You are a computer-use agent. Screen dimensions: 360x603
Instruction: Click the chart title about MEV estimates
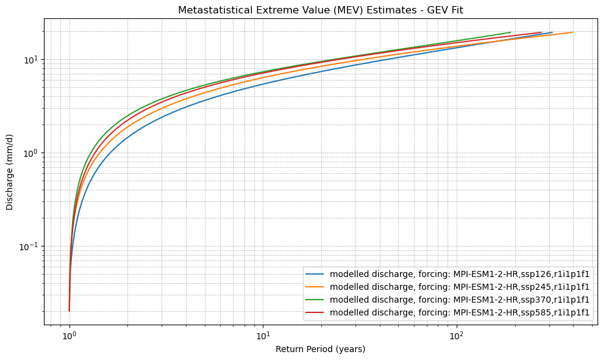320,10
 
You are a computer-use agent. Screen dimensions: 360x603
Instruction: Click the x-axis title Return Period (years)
320,349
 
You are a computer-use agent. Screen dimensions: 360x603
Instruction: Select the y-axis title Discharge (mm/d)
10,171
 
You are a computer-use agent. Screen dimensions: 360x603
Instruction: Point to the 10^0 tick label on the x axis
70,335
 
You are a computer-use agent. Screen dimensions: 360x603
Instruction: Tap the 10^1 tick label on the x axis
263,335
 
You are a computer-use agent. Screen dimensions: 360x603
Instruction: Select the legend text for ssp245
460,287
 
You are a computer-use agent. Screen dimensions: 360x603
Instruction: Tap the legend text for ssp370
460,300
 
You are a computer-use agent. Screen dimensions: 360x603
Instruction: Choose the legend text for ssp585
460,312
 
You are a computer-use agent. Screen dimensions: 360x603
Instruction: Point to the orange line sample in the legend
316,287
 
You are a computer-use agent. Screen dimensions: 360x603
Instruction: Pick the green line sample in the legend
316,300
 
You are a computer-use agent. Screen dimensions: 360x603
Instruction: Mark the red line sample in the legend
316,312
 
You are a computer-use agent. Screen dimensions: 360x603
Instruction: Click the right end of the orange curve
572,32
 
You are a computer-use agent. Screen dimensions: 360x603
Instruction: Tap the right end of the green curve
510,32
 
